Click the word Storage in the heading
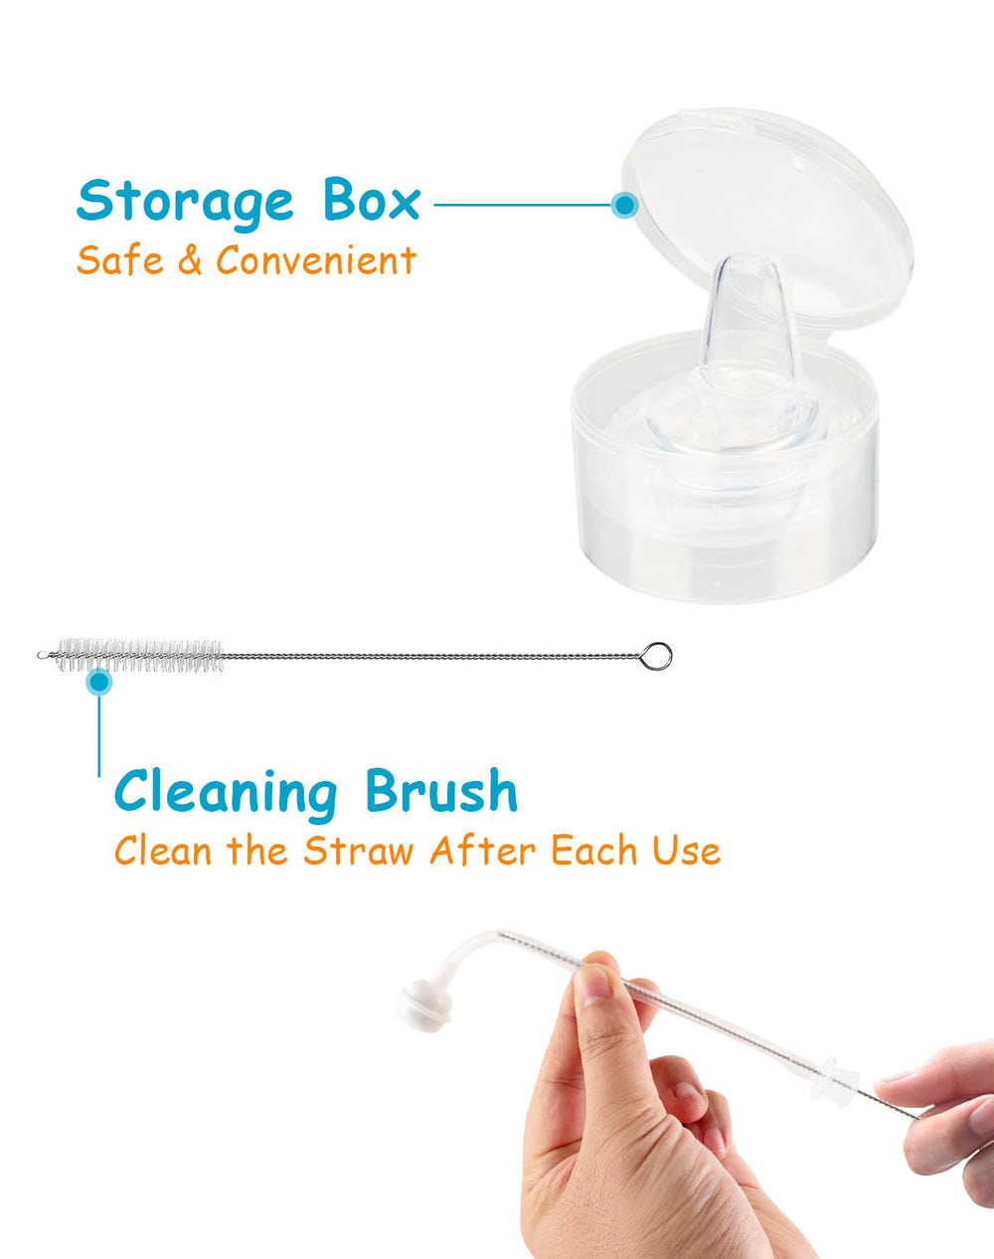pyautogui.click(x=185, y=201)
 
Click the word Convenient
pyautogui.click(x=316, y=260)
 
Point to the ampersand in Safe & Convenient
pyautogui.click(x=189, y=261)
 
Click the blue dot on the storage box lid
pyautogui.click(x=624, y=205)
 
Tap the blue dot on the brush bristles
pyautogui.click(x=98, y=682)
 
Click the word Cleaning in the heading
pyautogui.click(x=226, y=792)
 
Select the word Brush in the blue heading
pyautogui.click(x=441, y=792)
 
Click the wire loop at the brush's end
pyautogui.click(x=656, y=656)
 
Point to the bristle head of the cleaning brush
pyautogui.click(x=139, y=655)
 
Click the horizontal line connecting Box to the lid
pyautogui.click(x=522, y=205)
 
